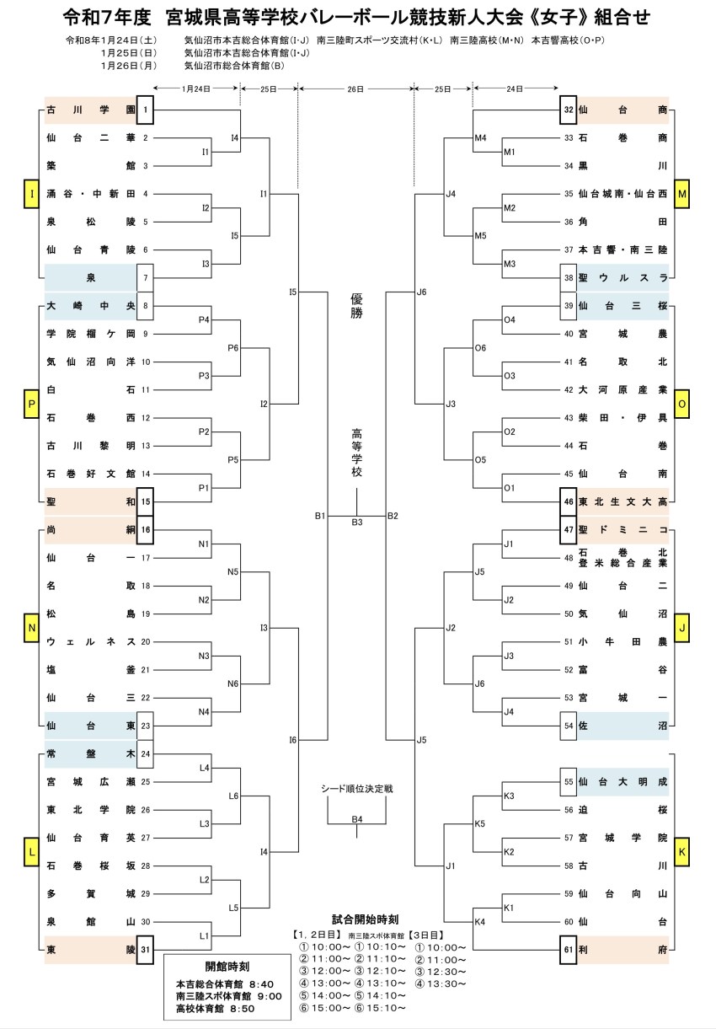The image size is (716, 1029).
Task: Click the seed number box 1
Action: pyautogui.click(x=146, y=110)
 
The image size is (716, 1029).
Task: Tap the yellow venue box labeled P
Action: pyautogui.click(x=32, y=405)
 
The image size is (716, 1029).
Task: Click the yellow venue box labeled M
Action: pyautogui.click(x=682, y=195)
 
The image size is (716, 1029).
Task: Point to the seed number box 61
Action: pyautogui.click(x=569, y=950)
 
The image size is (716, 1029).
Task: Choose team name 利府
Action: pyautogui.click(x=622, y=950)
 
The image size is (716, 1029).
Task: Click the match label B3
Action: pyautogui.click(x=357, y=523)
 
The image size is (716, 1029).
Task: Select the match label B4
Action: pyautogui.click(x=357, y=819)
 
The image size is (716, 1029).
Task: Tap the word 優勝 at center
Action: pyautogui.click(x=356, y=306)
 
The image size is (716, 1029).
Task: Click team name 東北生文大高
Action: pyautogui.click(x=622, y=501)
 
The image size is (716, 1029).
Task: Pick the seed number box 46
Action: pyautogui.click(x=569, y=501)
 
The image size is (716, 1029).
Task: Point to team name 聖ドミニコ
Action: pyautogui.click(x=622, y=529)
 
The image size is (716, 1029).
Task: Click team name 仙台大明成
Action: pyautogui.click(x=622, y=781)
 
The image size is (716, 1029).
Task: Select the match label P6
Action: pyautogui.click(x=233, y=348)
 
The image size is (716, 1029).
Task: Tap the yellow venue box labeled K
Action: pyautogui.click(x=682, y=853)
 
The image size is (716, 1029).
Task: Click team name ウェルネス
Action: pyautogui.click(x=90, y=641)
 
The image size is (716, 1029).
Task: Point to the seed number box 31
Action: pyautogui.click(x=146, y=950)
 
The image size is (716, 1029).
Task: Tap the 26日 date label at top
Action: pyautogui.click(x=356, y=88)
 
